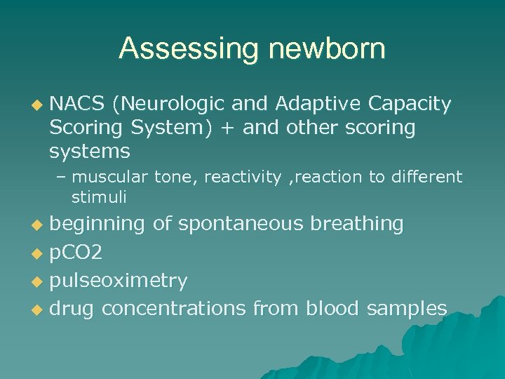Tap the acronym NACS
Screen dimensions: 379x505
[x=77, y=105]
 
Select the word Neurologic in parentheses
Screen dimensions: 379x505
[x=168, y=105]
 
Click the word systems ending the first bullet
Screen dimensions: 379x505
[x=89, y=151]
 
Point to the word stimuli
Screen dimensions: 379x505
[x=98, y=198]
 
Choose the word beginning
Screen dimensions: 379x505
[x=97, y=224]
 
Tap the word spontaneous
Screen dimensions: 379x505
[x=241, y=224]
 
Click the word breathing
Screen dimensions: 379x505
[x=357, y=224]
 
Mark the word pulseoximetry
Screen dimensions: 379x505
[x=118, y=281]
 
